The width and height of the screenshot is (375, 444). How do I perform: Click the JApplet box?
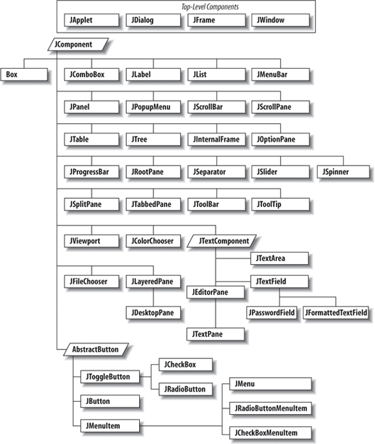point(91,20)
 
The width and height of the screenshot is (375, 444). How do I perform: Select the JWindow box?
point(281,20)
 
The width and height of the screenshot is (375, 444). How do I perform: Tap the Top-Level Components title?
point(210,7)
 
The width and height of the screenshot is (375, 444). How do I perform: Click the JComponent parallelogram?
point(78,44)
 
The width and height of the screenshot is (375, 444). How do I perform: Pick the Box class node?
point(24,74)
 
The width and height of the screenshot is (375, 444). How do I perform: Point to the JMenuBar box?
point(281,74)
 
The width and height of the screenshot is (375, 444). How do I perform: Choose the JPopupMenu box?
point(153,107)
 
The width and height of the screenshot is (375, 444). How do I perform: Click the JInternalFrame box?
point(217,140)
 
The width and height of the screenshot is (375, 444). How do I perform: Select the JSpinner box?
point(343,172)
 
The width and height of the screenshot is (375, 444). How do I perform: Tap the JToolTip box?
point(281,204)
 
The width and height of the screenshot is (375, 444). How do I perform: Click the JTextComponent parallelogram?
point(222,241)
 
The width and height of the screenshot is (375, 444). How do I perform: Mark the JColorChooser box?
point(153,241)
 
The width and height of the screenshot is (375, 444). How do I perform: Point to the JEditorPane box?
point(215,292)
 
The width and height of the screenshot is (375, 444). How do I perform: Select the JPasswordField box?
point(271,313)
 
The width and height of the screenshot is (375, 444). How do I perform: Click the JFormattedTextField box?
point(336,313)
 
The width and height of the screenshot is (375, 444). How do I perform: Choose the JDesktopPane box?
point(153,313)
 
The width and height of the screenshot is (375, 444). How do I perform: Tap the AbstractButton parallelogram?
point(96,349)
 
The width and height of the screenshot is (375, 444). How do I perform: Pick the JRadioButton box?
point(185,389)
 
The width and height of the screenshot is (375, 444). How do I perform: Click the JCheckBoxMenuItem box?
point(271,432)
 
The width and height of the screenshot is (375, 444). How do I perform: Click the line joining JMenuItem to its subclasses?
point(181,426)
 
